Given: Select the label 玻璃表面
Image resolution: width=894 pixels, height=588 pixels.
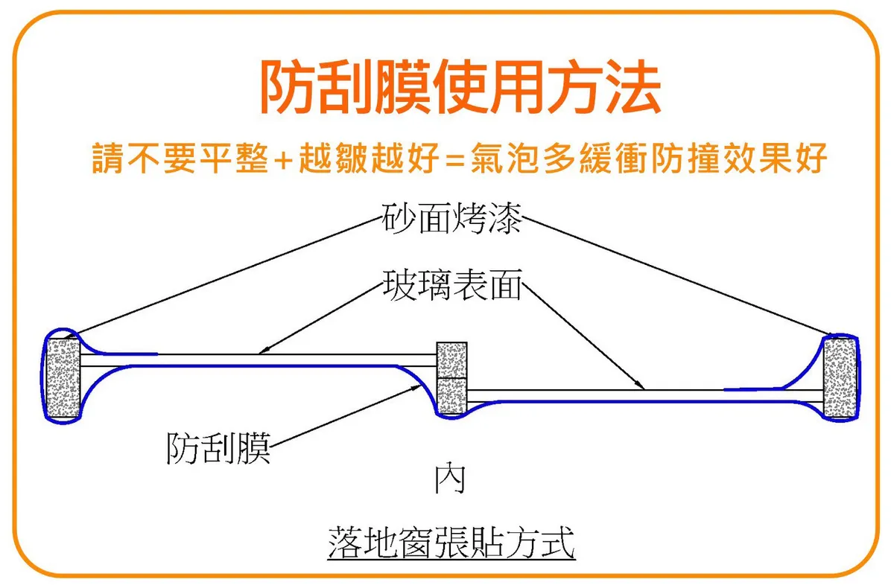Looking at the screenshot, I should [x=451, y=285].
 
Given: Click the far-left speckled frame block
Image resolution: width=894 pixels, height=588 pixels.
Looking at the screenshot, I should [x=63, y=378].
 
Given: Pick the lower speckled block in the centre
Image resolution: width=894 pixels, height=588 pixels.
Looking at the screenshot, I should [x=451, y=395].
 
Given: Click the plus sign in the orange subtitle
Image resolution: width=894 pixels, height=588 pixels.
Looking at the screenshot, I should [x=282, y=159].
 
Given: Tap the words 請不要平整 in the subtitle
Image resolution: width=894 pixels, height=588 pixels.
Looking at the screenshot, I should [x=180, y=158].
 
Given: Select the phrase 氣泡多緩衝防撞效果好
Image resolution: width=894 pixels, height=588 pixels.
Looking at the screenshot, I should [x=648, y=158].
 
